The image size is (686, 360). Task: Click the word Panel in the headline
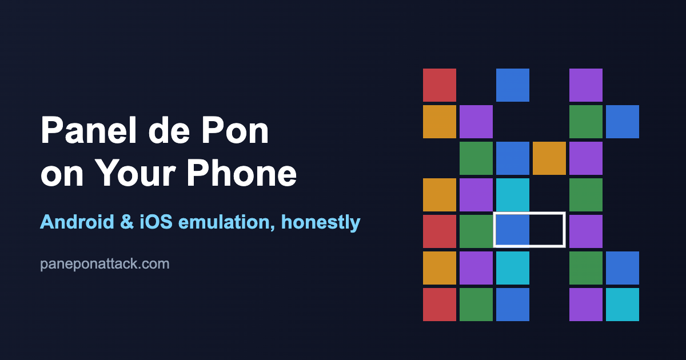coord(88,130)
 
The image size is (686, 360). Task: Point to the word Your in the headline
coord(135,173)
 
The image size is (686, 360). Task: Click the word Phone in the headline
coord(242,173)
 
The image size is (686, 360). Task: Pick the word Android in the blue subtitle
coord(77,222)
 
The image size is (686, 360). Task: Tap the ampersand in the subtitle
coord(127,222)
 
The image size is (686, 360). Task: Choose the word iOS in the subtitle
coord(156,222)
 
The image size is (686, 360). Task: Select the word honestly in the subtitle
coord(321,222)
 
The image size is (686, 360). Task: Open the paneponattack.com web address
coord(105,264)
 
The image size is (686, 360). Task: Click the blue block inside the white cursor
coord(512,230)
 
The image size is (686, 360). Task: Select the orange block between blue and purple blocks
coord(549,158)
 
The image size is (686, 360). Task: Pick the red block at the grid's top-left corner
coord(440,85)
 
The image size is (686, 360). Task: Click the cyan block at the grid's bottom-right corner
coord(623,305)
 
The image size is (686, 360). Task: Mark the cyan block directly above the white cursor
coord(513,195)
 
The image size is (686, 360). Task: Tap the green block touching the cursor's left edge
coord(476,231)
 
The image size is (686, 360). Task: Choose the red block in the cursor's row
coord(440,231)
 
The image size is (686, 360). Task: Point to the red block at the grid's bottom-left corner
coord(440,305)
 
